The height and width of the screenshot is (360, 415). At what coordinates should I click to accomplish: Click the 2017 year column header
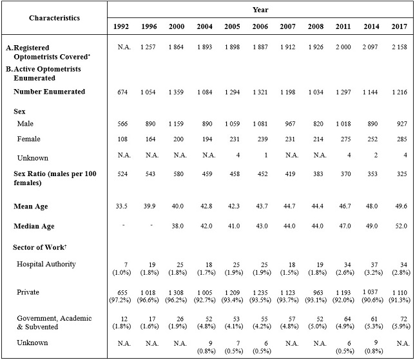pyautogui.click(x=400, y=26)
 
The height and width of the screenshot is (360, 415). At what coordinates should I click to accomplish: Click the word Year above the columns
pyautogui.click(x=260, y=10)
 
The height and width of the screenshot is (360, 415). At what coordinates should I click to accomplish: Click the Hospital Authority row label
pyautogui.click(x=46, y=264)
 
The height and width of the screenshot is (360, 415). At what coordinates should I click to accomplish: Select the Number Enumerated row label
pyautogui.click(x=49, y=92)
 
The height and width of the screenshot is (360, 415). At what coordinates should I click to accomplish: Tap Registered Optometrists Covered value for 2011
pyautogui.click(x=344, y=48)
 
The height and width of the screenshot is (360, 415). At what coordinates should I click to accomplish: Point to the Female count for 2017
pyautogui.click(x=400, y=140)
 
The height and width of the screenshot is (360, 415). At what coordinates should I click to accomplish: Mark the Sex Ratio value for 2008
pyautogui.click(x=316, y=175)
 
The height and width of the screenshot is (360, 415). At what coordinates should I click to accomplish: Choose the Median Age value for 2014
pyautogui.click(x=372, y=226)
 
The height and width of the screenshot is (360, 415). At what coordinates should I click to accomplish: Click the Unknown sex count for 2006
pyautogui.click(x=260, y=157)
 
